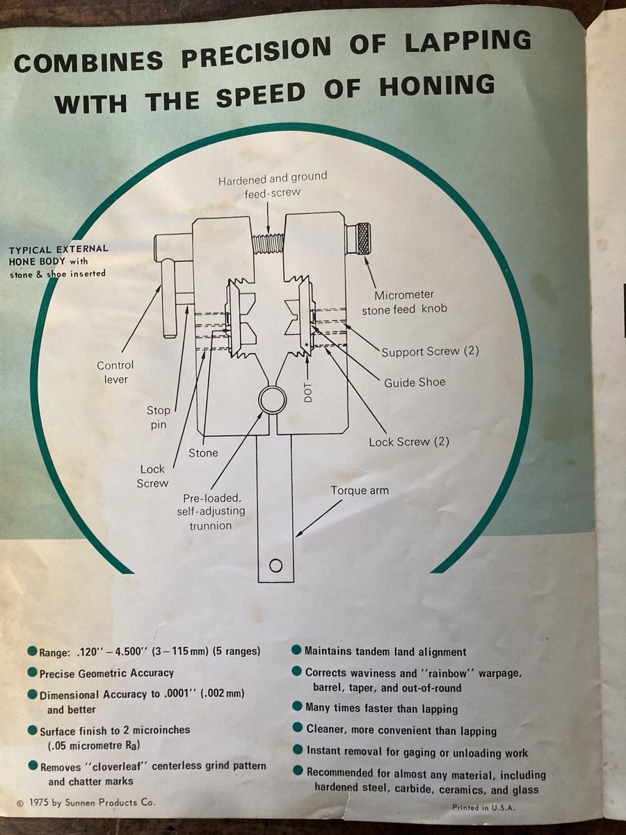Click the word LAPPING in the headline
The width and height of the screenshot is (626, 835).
click(467, 42)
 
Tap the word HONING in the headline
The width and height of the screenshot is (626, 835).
click(437, 86)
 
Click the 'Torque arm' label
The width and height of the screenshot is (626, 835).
click(359, 491)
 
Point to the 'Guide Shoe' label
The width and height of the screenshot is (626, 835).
click(415, 382)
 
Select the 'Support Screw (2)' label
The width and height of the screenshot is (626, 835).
click(430, 351)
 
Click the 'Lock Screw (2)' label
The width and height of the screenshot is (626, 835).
click(409, 442)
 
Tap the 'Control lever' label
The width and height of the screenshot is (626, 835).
click(115, 372)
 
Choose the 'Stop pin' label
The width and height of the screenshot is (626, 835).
click(158, 417)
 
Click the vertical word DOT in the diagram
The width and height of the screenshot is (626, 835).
click(308, 392)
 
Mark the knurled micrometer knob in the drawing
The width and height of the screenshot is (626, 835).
click(362, 239)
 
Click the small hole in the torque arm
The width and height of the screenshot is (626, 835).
click(275, 566)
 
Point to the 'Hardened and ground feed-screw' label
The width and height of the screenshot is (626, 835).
click(273, 184)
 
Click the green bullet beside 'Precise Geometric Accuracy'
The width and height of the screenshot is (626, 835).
click(33, 672)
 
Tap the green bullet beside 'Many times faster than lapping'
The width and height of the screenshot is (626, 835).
click(297, 706)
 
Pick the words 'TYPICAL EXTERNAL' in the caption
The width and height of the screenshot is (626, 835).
click(58, 250)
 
